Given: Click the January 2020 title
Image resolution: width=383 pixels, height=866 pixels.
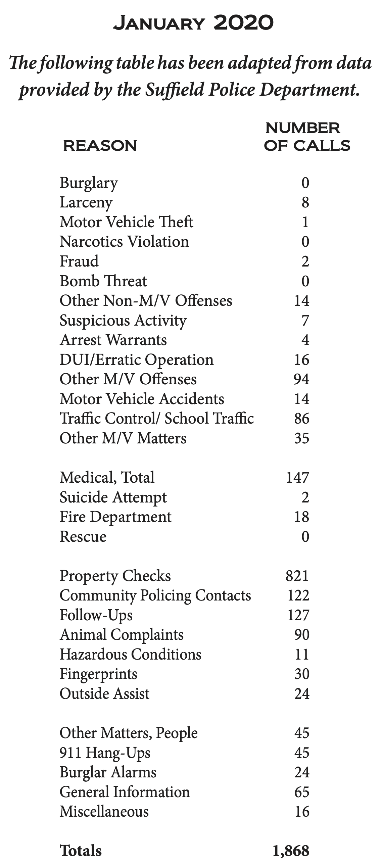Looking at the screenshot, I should (193, 23).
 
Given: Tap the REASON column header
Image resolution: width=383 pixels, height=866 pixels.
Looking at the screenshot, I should (100, 146).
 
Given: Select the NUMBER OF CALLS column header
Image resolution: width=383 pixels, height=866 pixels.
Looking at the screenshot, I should (307, 137).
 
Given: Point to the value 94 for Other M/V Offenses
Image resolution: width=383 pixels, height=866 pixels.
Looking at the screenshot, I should (301, 379).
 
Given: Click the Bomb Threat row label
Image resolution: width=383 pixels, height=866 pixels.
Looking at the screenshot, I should (103, 281).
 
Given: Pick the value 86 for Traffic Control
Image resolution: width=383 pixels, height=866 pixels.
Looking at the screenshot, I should (301, 419).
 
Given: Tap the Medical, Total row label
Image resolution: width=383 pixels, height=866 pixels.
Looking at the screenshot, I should (107, 477).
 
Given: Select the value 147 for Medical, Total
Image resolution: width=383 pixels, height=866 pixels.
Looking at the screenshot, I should (297, 477).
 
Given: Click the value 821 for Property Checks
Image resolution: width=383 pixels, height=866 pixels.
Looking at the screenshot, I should (297, 576).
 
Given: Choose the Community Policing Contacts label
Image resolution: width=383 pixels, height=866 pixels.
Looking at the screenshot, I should (155, 595).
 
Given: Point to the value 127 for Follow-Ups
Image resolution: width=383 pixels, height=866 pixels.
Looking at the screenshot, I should (298, 615).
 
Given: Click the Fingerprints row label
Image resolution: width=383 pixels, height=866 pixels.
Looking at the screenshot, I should (99, 674).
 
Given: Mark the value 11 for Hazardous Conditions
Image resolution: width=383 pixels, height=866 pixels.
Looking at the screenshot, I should (301, 655).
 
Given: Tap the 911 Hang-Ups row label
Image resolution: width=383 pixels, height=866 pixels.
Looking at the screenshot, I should (105, 753).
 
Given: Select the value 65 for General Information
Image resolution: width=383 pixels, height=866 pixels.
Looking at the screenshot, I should (301, 792).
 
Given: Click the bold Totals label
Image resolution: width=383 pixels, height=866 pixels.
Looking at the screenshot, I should (80, 851).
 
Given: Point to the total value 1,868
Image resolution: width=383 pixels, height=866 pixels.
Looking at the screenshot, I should (291, 851).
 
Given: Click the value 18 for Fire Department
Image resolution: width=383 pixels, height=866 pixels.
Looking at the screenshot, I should (301, 517).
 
